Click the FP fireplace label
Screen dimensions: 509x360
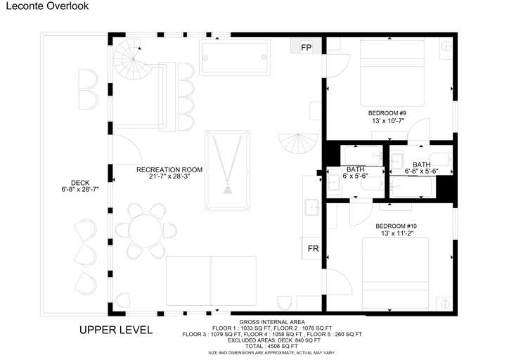(x=306, y=48)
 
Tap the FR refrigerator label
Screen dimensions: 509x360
(x=314, y=249)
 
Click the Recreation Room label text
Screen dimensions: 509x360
(x=169, y=169)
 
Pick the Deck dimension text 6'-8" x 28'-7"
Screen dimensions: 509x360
(x=80, y=189)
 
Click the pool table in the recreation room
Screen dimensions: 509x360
(x=228, y=170)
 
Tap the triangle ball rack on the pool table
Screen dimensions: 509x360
(x=228, y=189)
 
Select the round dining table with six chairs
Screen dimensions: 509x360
(x=145, y=231)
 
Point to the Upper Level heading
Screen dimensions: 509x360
(x=116, y=330)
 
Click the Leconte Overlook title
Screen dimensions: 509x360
(x=47, y=6)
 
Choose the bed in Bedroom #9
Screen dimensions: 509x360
(x=392, y=73)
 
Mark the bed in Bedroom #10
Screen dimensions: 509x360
(x=395, y=274)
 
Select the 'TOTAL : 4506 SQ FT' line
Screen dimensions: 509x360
(x=271, y=347)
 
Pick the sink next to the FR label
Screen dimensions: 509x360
(x=311, y=207)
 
